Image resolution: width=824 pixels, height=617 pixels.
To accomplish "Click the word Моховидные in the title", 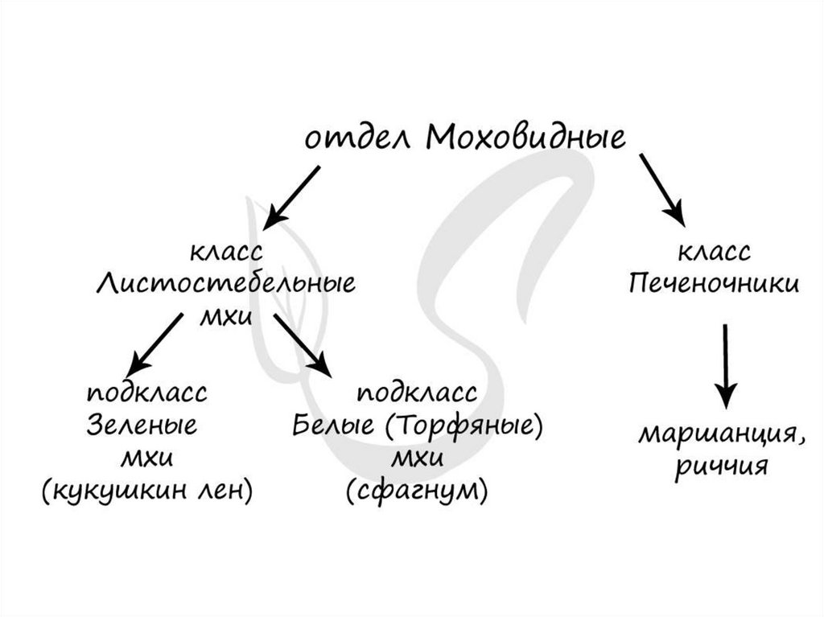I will coord(525,138).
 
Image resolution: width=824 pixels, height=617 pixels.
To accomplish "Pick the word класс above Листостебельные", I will coord(226,253).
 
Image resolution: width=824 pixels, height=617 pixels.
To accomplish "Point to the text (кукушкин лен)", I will coord(146,489).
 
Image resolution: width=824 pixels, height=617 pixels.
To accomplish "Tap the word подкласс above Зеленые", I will coord(146,393).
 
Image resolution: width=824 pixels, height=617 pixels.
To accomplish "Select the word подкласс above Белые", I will coord(417,393).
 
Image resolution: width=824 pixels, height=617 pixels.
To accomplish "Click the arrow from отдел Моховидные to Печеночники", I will coord(661,189).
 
